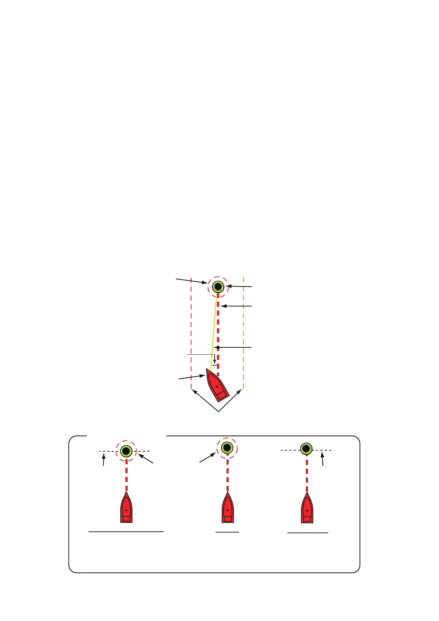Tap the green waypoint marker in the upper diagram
tap(218, 287)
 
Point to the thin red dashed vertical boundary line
tap(191, 332)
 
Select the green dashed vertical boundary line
tap(243, 332)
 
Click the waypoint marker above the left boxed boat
tap(126, 451)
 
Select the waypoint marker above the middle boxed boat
tap(227, 448)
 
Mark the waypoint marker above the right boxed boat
tap(306, 449)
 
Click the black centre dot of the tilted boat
tap(217, 387)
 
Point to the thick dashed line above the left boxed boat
tap(127, 476)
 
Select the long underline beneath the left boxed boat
tap(126, 532)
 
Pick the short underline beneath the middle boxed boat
tap(227, 532)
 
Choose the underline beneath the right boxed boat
tap(308, 533)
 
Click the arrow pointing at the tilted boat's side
tap(192, 377)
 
